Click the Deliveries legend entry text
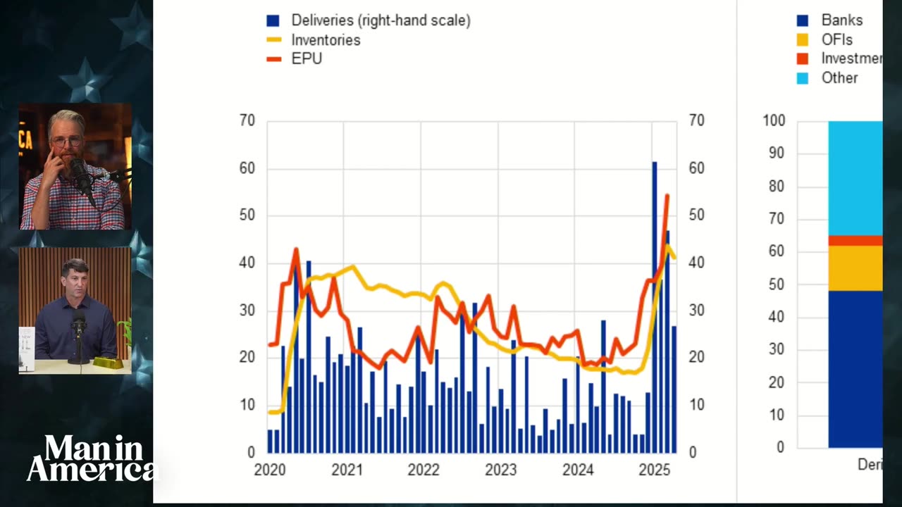pos(381,20)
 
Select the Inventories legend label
pos(326,40)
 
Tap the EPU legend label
pos(307,59)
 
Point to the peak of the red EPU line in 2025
pos(667,196)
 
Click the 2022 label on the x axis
pos(424,470)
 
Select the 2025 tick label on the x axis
pos(653,470)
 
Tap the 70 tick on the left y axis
pos(247,121)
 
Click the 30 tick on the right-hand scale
pos(696,311)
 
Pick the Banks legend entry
pos(841,20)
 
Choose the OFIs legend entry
pos(836,40)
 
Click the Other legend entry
pos(839,78)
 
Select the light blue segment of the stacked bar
pos(855,176)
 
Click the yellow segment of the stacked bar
pos(855,268)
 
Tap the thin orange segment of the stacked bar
pos(855,241)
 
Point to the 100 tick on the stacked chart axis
pos(773,121)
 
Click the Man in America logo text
pos(92,458)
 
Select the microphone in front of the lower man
pos(79,326)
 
